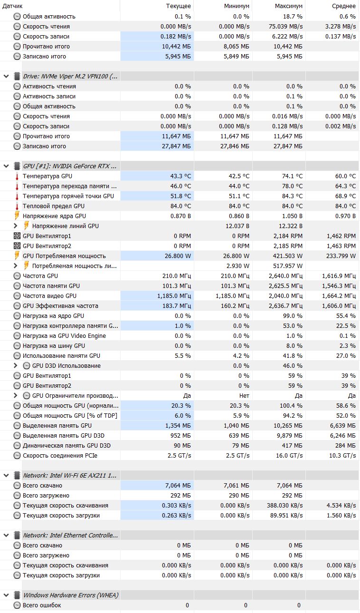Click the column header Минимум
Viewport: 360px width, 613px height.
point(237,6)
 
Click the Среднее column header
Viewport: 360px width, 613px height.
point(344,6)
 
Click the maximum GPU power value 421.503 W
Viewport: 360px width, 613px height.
point(286,256)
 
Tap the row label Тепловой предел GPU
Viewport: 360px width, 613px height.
point(54,206)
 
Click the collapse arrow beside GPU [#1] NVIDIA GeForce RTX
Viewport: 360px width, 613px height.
point(6,166)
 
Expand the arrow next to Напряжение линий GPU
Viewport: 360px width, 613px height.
point(16,226)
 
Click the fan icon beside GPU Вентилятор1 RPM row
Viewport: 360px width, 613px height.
point(17,236)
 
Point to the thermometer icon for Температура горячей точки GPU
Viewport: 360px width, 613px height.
point(17,196)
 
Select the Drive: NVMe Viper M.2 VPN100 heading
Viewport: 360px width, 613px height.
point(70,77)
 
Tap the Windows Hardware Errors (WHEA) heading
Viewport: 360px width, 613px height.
point(71,595)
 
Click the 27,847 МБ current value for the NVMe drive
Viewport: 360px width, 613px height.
point(177,146)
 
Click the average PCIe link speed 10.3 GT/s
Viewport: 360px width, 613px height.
point(342,456)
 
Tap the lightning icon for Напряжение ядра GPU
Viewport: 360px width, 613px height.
point(17,216)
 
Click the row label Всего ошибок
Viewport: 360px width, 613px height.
point(42,605)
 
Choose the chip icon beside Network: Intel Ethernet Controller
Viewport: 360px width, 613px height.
point(17,536)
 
